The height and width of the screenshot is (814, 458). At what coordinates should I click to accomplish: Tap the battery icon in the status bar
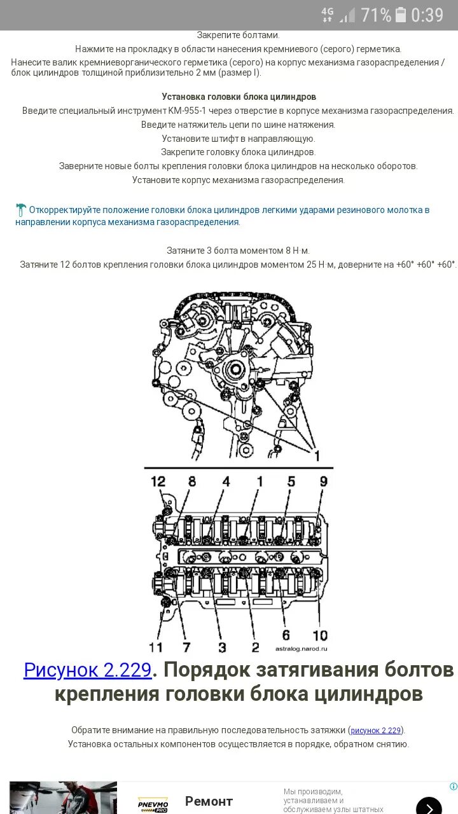[401, 15]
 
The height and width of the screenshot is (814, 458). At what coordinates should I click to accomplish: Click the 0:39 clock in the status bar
[427, 15]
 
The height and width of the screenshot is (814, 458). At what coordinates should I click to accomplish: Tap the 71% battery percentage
[376, 15]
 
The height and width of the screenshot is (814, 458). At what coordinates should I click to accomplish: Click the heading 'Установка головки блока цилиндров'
[239, 97]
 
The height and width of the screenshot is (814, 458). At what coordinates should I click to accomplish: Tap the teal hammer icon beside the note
[21, 209]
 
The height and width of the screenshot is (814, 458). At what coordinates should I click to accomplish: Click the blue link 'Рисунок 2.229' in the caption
[87, 670]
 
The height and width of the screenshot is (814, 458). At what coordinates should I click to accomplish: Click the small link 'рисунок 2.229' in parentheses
[376, 730]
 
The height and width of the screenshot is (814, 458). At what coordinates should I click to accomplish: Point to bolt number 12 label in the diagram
[158, 481]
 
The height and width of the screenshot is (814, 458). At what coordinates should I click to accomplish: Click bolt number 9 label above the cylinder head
[323, 481]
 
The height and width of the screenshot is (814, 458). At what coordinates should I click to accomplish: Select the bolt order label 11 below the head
[156, 647]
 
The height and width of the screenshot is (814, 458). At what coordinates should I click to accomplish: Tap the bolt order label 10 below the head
[320, 635]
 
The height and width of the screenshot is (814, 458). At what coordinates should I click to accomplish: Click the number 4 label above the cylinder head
[226, 481]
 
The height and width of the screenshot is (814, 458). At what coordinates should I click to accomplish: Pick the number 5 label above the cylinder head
[291, 481]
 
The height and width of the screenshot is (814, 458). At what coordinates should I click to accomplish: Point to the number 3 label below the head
[222, 647]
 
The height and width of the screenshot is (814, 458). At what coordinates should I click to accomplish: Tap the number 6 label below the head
[286, 635]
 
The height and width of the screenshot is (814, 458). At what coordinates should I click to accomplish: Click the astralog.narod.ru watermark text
[301, 649]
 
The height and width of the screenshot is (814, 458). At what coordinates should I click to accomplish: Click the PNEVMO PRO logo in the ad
[153, 804]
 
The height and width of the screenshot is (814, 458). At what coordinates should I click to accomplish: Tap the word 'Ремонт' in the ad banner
[209, 801]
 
